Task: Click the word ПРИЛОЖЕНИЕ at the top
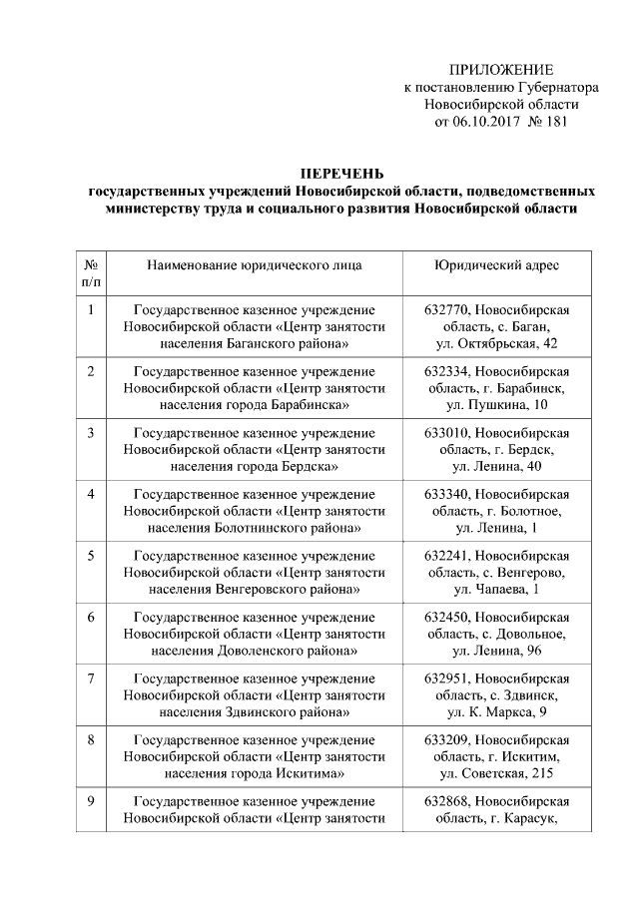(500, 69)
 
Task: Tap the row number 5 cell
(91, 556)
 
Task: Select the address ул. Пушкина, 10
(496, 405)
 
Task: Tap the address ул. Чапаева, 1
(496, 591)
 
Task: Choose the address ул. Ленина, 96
(496, 653)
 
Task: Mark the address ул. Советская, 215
(496, 775)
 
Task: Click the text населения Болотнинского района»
(255, 529)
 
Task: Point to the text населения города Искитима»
(255, 775)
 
